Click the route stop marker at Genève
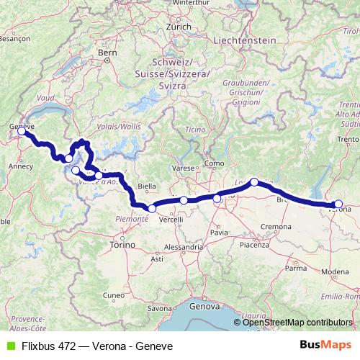click(x=22, y=132)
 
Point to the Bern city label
click(x=107, y=53)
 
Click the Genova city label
click(x=204, y=306)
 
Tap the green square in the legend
click(x=10, y=346)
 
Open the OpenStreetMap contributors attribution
click(x=298, y=323)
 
